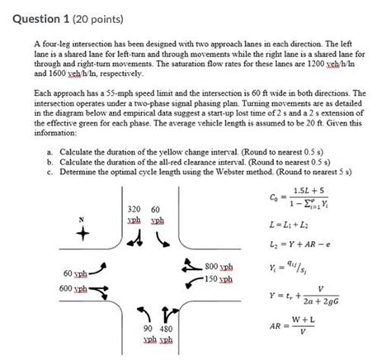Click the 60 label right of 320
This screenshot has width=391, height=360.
156,211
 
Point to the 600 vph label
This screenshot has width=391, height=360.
62,288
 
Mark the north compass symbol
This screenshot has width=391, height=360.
80,233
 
